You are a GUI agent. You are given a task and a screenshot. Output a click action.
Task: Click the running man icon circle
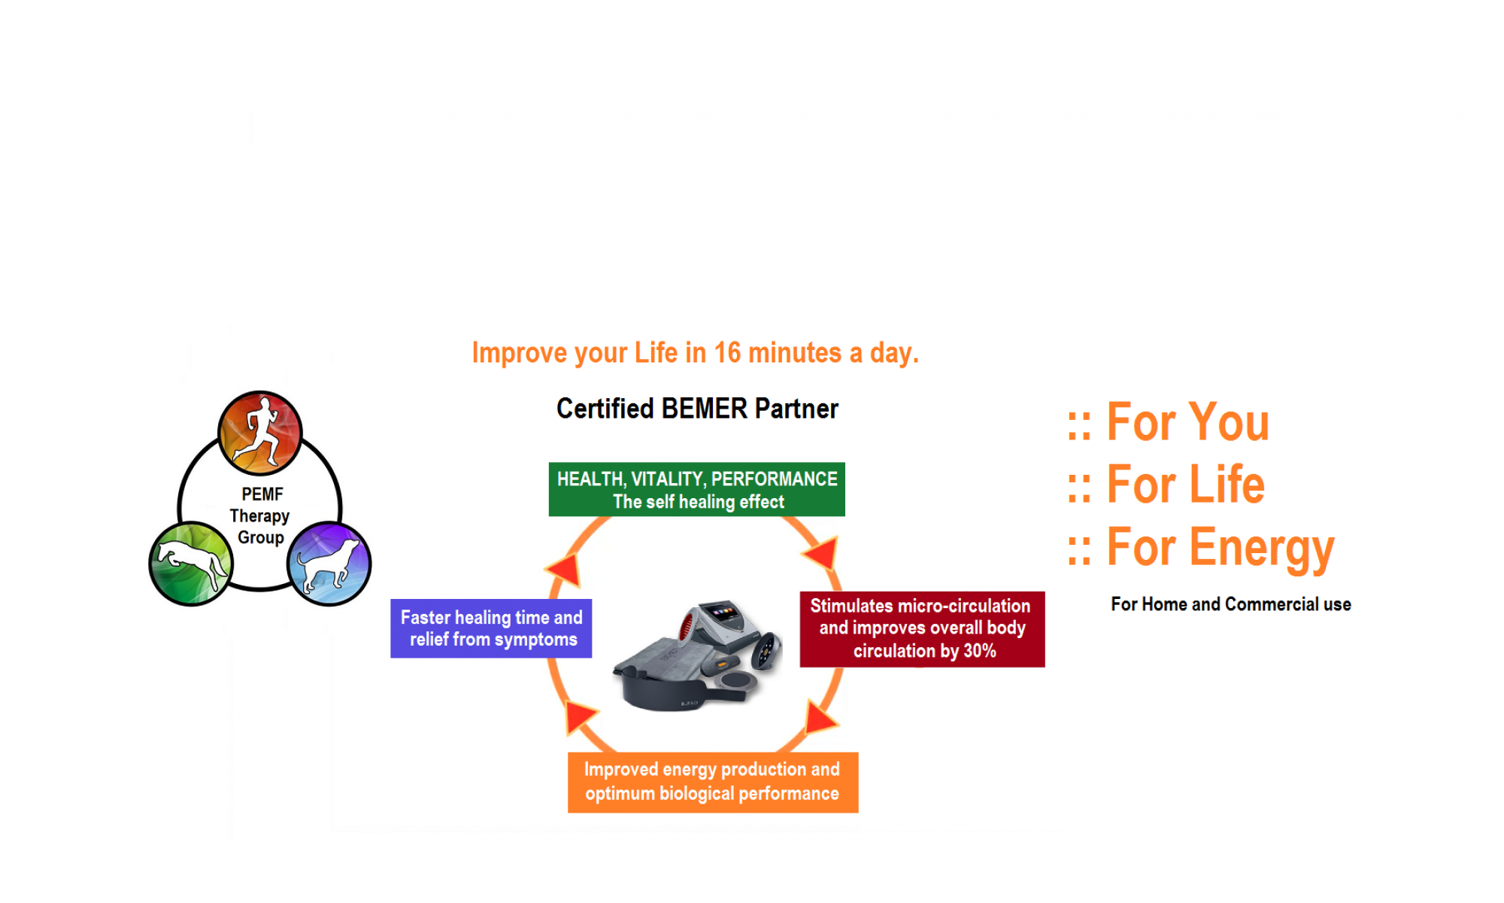point(260,433)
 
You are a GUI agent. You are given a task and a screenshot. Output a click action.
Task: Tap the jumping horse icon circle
point(191,564)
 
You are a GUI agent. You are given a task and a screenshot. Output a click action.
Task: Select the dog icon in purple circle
point(329,564)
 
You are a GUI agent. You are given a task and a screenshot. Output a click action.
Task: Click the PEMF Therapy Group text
point(260,515)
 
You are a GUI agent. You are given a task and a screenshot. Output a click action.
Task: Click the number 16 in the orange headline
point(727,353)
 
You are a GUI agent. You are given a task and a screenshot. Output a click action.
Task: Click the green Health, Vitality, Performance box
point(696,489)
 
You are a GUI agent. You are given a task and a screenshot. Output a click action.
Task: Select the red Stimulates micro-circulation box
point(922,628)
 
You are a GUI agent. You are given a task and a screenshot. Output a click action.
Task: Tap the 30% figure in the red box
point(979,651)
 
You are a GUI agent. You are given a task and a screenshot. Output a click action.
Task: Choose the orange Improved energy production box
point(712,782)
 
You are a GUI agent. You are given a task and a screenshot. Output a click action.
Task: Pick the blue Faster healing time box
point(491,628)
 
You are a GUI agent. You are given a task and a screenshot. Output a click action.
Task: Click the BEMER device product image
point(698,655)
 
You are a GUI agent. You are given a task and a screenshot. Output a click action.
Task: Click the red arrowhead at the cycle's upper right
point(823,553)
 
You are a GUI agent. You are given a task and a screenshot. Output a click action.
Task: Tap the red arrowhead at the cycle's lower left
point(579,716)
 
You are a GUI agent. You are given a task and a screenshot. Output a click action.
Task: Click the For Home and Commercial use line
point(1231,604)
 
